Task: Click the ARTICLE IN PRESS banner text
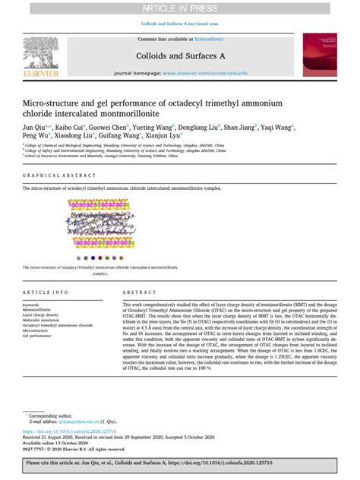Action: click(x=179, y=8)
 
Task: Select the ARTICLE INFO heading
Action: click(x=46, y=292)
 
